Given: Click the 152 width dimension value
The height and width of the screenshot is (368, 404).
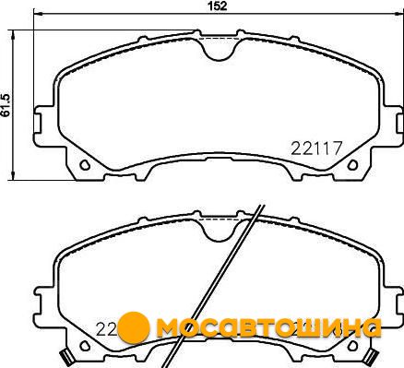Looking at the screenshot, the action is (218, 6).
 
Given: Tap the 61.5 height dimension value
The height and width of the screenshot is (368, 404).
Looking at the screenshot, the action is (6, 105).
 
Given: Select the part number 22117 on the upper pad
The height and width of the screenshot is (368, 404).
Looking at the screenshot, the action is (316, 148).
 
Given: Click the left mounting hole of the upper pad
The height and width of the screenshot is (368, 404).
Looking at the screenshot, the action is (85, 165).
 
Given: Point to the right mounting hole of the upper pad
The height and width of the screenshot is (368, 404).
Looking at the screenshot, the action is (352, 165).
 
